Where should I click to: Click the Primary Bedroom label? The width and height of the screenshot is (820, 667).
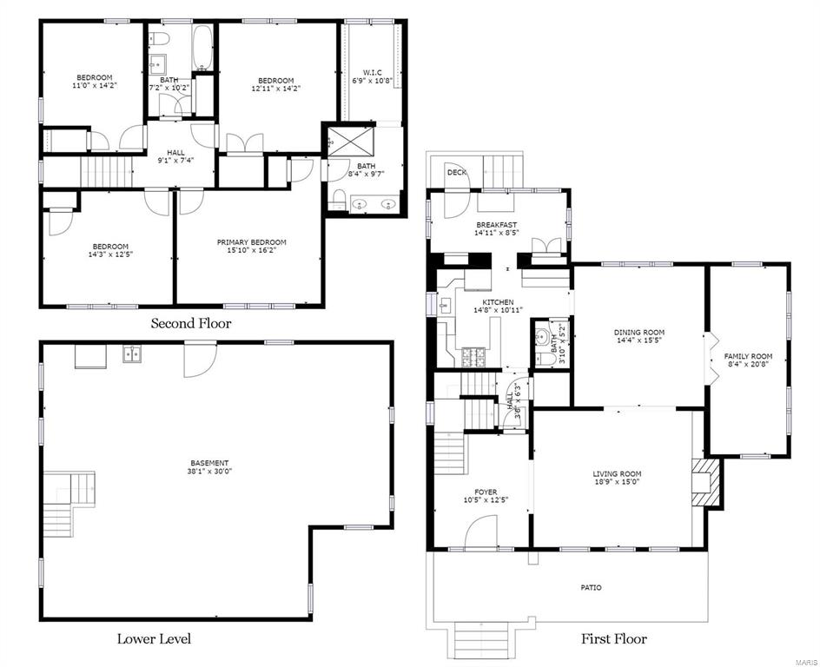coord(252,242)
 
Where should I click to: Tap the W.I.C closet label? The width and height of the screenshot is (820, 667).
coord(373,72)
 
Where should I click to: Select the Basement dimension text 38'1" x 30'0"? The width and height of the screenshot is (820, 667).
coord(209,471)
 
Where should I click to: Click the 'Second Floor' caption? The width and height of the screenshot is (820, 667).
coord(191,323)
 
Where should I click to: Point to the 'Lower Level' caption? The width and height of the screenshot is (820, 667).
coord(154,638)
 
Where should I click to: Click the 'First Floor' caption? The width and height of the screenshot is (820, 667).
coord(614,638)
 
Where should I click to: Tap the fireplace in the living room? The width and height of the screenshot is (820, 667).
coord(705,483)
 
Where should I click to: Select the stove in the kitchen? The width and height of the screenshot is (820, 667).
coord(473,358)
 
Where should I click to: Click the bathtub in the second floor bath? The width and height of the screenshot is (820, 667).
coord(202,48)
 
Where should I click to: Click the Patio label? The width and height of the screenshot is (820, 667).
coord(591,588)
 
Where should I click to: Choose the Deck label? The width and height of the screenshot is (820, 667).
coord(457,173)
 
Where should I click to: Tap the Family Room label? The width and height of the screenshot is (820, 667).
coord(748,356)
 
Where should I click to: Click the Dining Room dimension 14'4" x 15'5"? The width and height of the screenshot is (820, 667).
coord(639,340)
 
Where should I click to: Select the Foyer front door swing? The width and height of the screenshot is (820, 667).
coord(480,532)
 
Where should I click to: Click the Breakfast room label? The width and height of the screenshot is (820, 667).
coord(496,225)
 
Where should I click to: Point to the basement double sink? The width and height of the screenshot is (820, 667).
coord(132,353)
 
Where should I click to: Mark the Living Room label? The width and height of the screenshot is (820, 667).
coord(617,474)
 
